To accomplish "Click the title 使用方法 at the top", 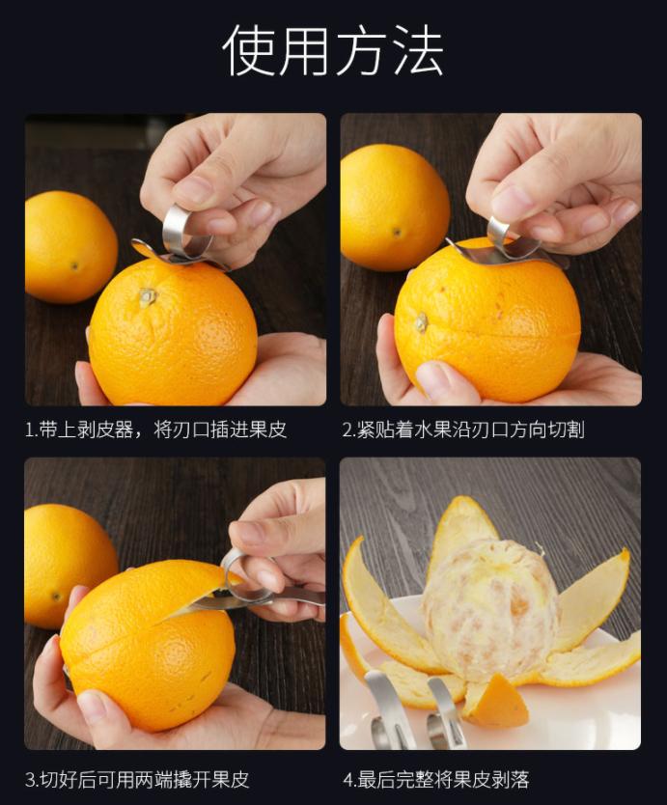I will click(333, 50).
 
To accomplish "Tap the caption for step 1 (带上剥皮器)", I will click(155, 430).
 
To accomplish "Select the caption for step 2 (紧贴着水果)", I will click(462, 430).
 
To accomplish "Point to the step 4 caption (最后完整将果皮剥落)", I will click(435, 779).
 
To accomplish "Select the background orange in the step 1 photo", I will click(68, 246).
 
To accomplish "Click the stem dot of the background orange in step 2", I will click(396, 232).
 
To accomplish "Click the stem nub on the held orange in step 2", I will click(421, 321).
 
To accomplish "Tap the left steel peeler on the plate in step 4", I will click(385, 709).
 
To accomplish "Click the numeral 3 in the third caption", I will click(31, 779).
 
